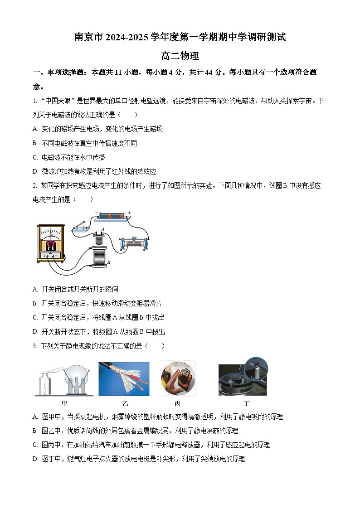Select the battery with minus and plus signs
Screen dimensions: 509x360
point(112,215)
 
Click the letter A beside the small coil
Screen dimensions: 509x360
point(103,230)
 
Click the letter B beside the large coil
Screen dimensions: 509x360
point(109,262)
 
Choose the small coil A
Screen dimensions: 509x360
point(99,238)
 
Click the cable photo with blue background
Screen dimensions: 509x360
point(124,378)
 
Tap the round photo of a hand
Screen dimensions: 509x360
point(178,378)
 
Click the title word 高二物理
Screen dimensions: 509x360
point(180,57)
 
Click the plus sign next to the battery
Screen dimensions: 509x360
point(129,213)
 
